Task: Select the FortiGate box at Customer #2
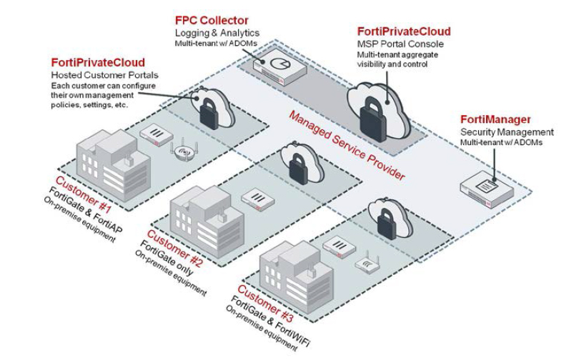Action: point(254,196)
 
